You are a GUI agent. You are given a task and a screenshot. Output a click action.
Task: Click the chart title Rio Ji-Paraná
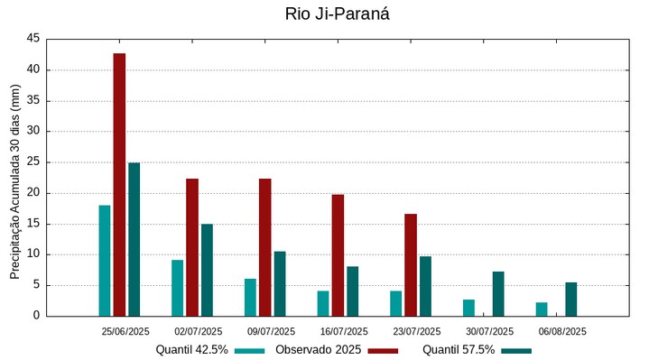tap(324, 14)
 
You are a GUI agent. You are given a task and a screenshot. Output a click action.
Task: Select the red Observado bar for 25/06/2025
tap(119, 184)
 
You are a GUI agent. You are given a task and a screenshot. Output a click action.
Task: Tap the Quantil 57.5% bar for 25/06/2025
tap(134, 239)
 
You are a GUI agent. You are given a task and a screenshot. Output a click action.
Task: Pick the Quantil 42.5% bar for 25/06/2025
tap(105, 261)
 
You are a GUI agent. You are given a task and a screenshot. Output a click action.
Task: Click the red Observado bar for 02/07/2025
tap(192, 247)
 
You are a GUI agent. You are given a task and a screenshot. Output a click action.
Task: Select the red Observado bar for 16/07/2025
tap(338, 255)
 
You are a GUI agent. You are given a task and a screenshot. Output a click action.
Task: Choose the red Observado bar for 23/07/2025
tap(411, 264)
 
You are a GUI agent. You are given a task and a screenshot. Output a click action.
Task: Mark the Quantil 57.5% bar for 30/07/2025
tap(498, 294)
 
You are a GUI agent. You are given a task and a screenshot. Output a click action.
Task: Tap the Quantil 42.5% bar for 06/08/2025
tap(542, 309)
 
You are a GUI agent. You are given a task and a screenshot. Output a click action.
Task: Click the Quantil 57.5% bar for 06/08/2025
tap(571, 300)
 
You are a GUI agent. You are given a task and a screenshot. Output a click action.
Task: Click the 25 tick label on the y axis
tap(32, 162)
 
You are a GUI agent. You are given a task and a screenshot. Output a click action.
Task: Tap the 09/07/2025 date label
tap(271, 331)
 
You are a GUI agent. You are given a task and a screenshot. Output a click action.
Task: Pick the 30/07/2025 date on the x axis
tap(489, 331)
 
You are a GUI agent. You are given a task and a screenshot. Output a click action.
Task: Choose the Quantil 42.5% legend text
tap(191, 349)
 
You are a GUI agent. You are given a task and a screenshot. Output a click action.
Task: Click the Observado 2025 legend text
tap(319, 349)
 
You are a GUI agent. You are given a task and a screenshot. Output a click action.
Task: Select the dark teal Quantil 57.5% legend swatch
tap(516, 350)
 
